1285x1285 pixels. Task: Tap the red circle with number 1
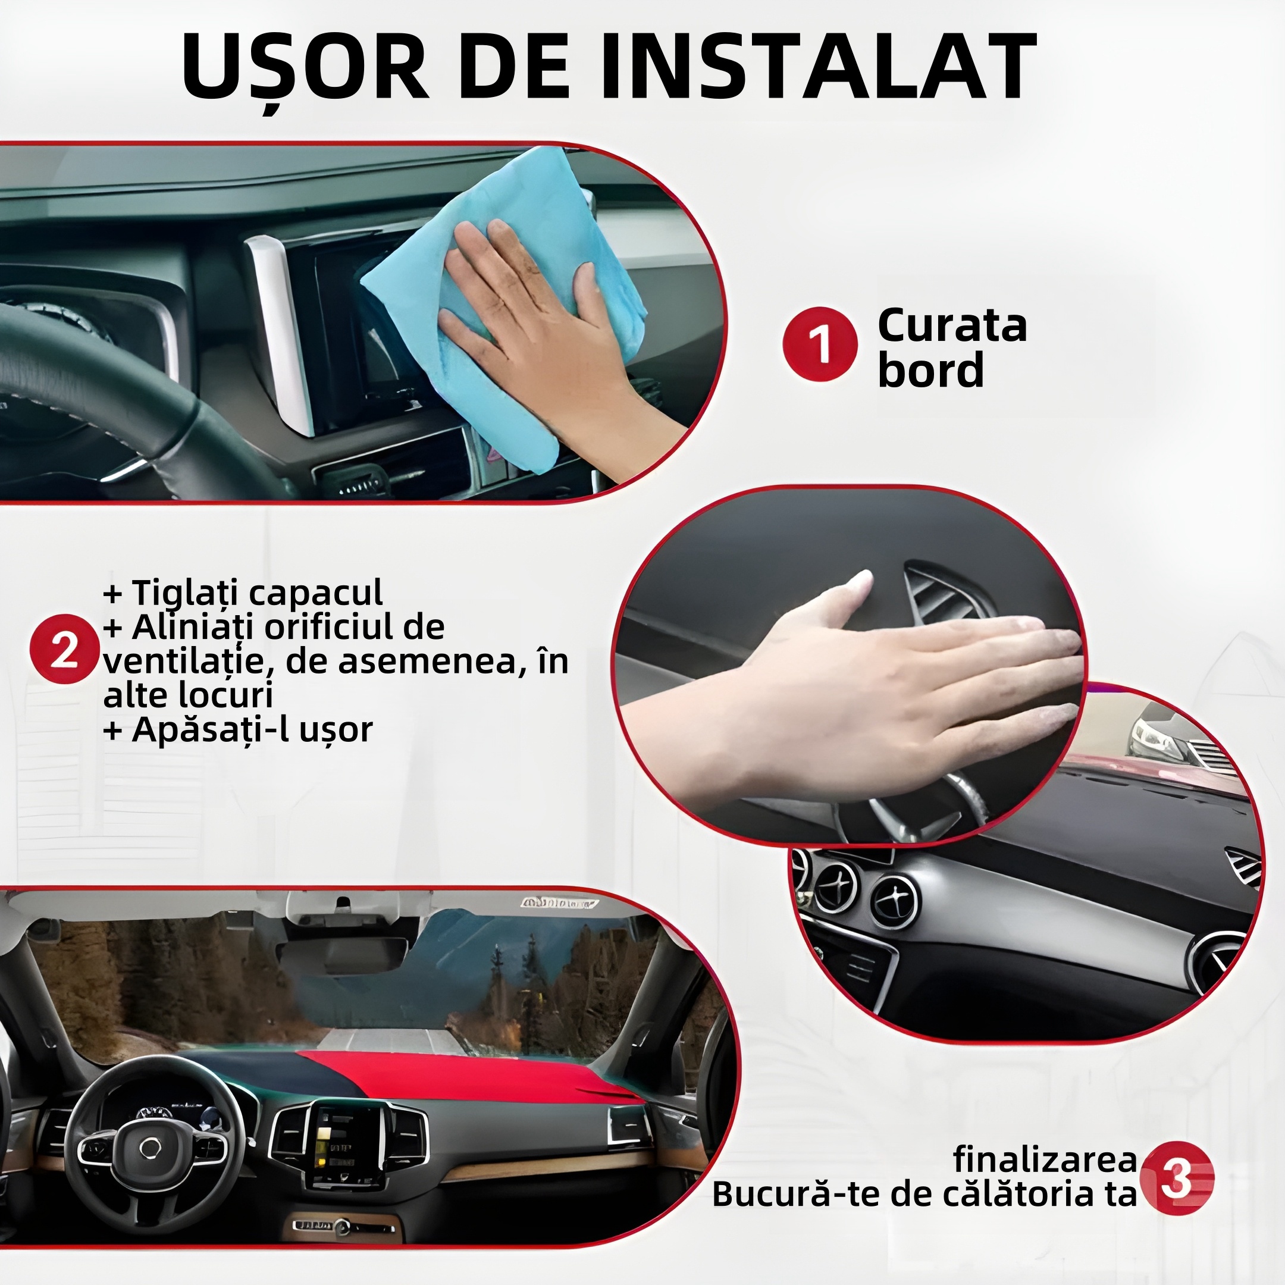pyautogui.click(x=819, y=344)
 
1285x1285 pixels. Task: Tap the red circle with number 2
pyautogui.click(x=64, y=649)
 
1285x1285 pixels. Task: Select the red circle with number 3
pyautogui.click(x=1177, y=1178)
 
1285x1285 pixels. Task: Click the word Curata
pyautogui.click(x=952, y=326)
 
